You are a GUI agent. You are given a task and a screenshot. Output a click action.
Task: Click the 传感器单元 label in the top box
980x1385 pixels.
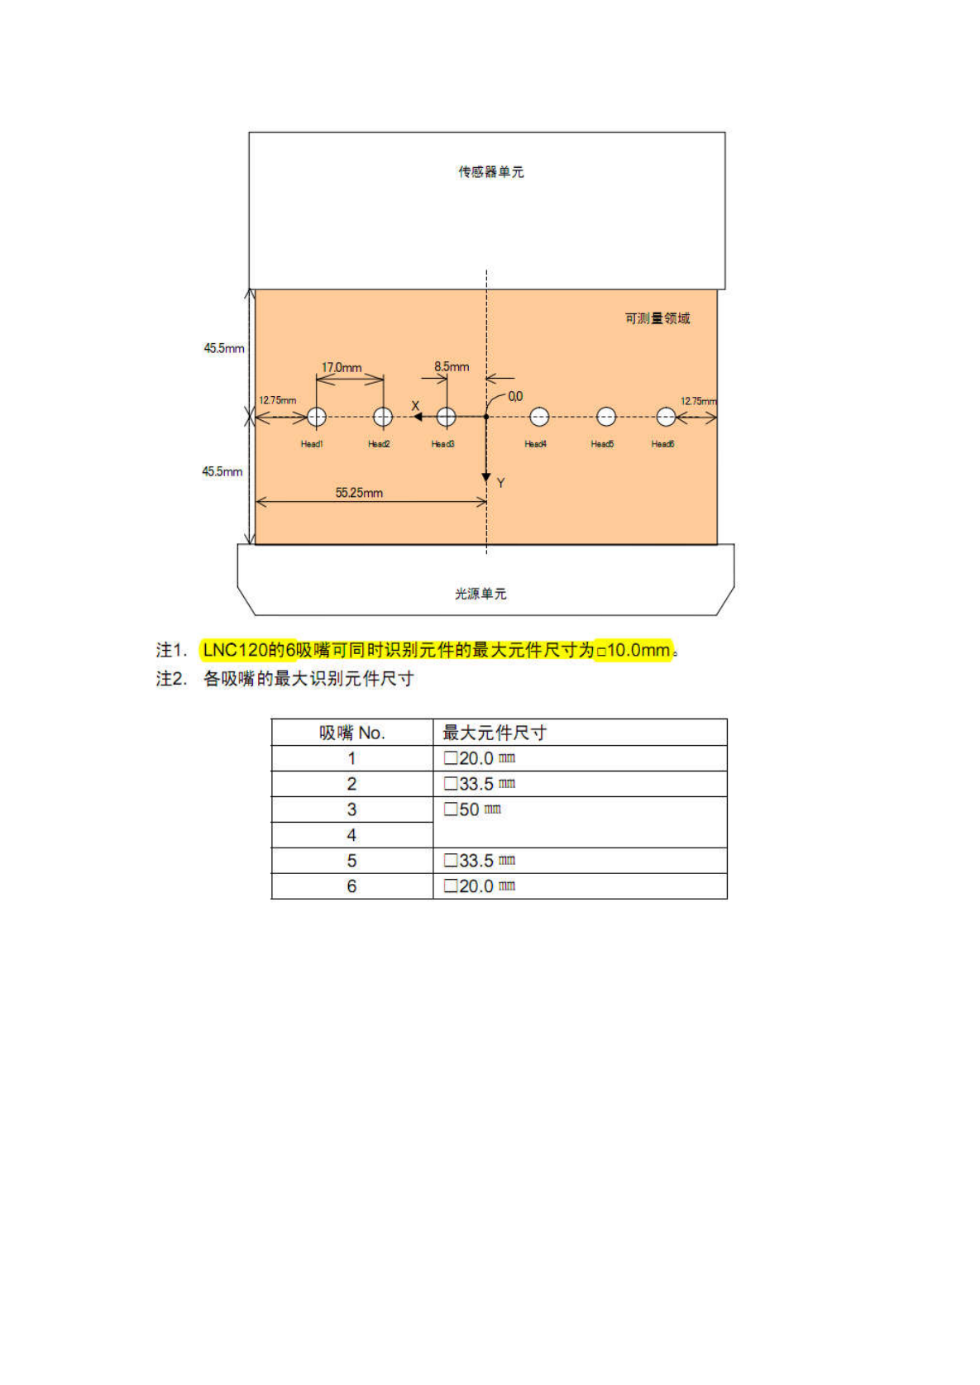tap(491, 172)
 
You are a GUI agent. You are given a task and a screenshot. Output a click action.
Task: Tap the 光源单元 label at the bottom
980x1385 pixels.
tap(480, 594)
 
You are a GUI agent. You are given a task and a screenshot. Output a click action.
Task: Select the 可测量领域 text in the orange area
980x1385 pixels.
tap(657, 318)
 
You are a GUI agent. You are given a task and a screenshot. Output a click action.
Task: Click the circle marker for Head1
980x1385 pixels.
tap(317, 417)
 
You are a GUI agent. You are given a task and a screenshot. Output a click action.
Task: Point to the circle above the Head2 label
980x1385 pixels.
tap(383, 417)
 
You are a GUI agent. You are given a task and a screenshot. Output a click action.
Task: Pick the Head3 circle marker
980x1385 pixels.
tap(446, 417)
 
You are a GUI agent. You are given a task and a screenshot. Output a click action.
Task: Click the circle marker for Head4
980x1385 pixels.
tap(539, 417)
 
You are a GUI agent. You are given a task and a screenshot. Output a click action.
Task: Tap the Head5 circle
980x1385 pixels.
tap(606, 417)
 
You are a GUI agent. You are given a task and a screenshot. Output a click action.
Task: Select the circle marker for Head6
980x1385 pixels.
tap(666, 417)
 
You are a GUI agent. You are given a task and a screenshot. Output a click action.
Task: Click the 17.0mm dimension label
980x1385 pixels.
tap(342, 367)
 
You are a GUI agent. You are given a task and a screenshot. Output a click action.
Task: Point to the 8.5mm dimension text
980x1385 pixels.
tap(452, 366)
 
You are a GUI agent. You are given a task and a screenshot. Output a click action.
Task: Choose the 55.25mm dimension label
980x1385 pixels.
tap(359, 493)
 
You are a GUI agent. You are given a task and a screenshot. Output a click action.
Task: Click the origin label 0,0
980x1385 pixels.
tap(515, 397)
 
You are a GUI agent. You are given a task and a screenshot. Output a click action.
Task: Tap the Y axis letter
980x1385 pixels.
tap(500, 483)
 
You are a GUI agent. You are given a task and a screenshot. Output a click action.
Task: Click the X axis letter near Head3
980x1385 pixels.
tap(415, 406)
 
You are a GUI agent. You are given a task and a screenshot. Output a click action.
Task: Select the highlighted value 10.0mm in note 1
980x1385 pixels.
tap(638, 651)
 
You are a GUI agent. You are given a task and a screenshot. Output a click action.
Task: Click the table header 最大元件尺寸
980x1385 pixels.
tap(495, 733)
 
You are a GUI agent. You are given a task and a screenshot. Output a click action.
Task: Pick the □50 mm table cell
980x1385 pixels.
tap(473, 810)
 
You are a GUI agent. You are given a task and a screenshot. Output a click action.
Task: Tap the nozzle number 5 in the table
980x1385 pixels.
tap(351, 861)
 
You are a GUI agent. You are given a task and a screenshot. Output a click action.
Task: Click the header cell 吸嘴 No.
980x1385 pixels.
tap(352, 733)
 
